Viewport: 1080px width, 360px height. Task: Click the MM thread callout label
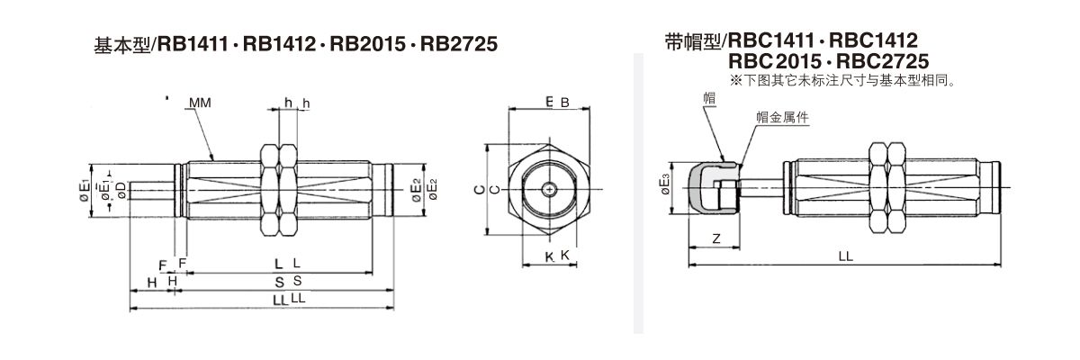click(201, 103)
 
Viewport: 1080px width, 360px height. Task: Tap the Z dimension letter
click(715, 238)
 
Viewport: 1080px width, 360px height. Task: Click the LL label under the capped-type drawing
click(845, 256)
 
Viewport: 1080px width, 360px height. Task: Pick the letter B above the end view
click(565, 103)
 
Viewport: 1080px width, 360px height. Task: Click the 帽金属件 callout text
click(779, 117)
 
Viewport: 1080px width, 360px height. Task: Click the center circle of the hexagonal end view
click(550, 189)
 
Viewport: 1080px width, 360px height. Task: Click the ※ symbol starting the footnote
click(735, 79)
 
